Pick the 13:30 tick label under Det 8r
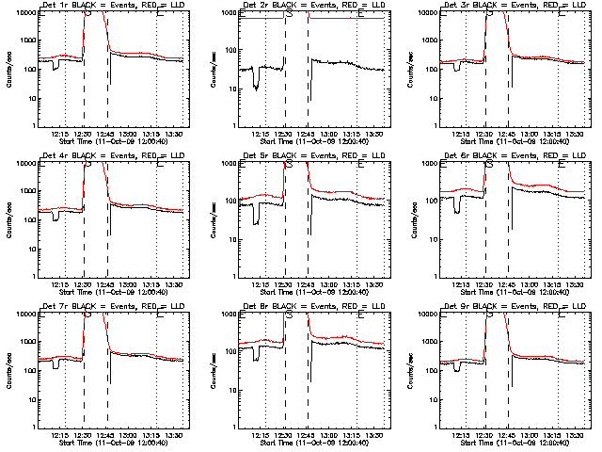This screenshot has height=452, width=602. [377, 435]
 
